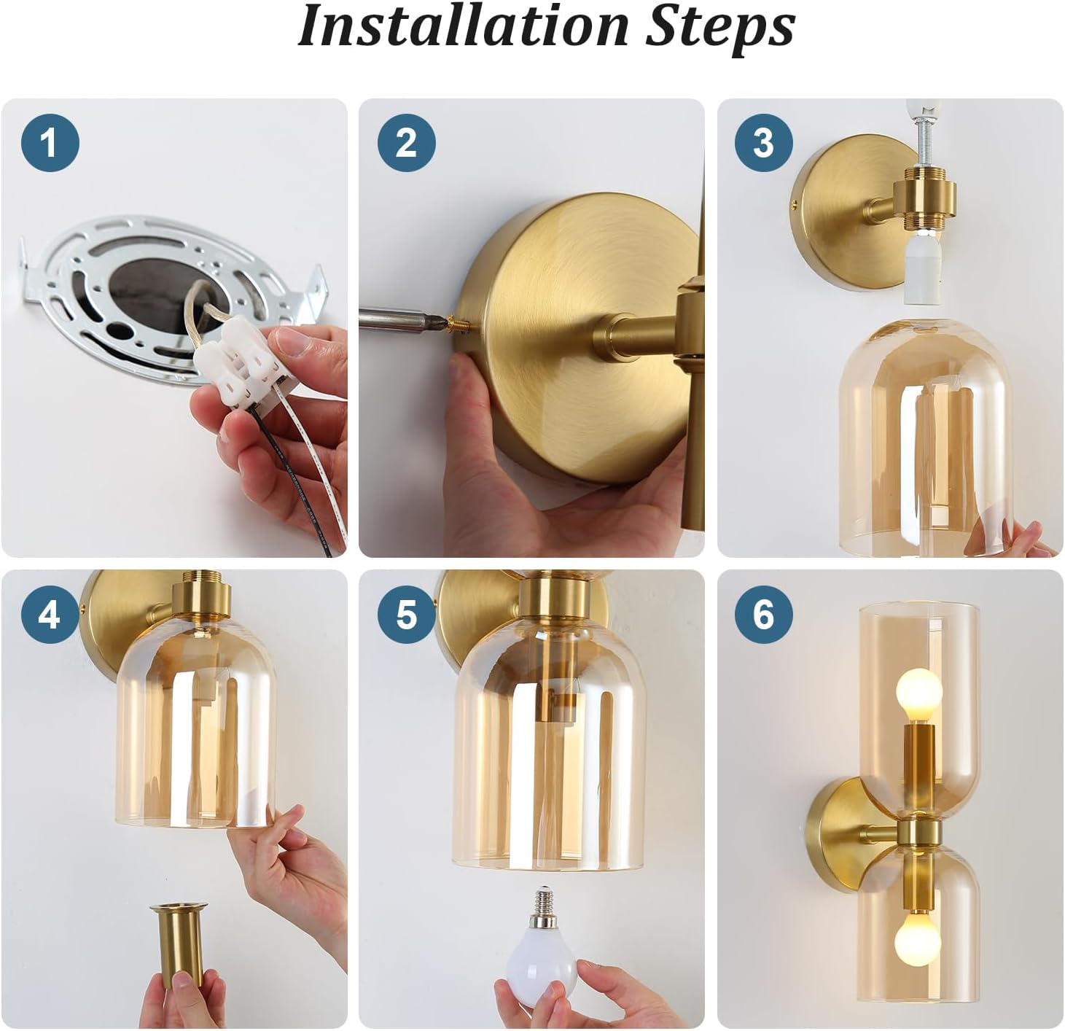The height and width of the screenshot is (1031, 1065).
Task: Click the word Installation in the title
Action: (462, 26)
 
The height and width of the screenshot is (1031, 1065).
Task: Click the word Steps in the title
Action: (720, 28)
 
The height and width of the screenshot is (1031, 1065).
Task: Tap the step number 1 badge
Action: (50, 143)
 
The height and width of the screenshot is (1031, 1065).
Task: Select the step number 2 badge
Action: (407, 143)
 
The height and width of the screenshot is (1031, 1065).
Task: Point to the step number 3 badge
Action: (763, 143)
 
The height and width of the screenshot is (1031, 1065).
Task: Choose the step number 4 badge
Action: (49, 614)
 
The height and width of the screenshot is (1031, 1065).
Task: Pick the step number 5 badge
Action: (406, 614)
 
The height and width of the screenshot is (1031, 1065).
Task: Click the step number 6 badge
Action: (763, 614)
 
